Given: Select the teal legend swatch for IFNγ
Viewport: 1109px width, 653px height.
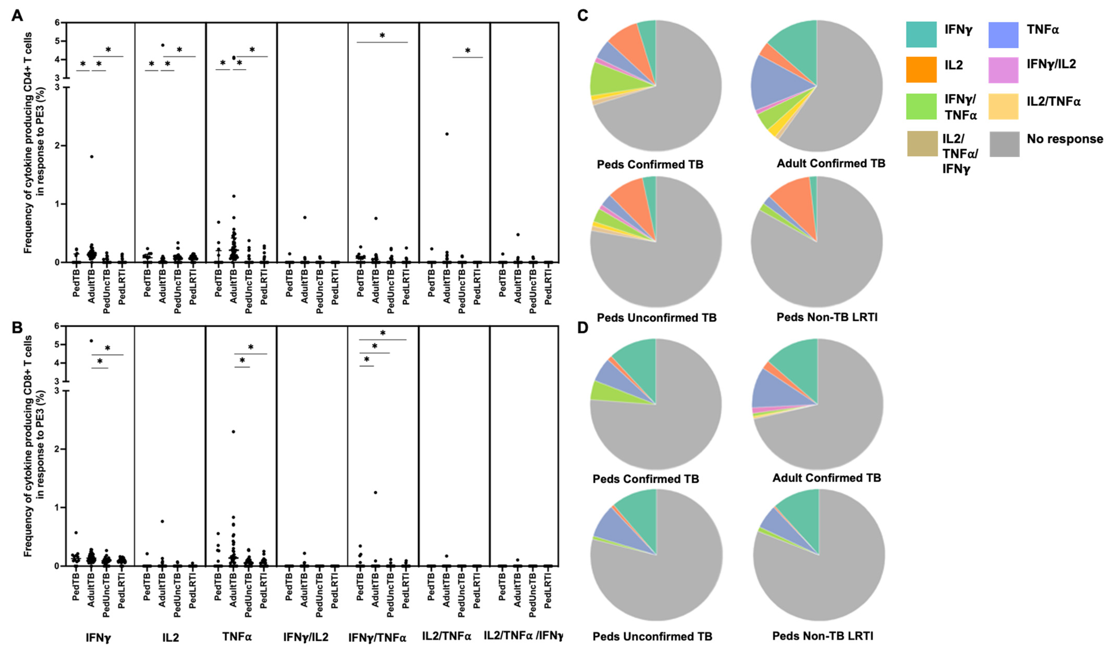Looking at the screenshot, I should [921, 34].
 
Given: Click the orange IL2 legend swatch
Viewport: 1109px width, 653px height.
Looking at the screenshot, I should [921, 70].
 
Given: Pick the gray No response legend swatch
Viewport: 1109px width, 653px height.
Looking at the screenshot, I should [1004, 144].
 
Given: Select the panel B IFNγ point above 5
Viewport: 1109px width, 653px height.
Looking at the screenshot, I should [91, 341].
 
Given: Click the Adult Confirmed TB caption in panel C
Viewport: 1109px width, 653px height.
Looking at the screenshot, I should [830, 164].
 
